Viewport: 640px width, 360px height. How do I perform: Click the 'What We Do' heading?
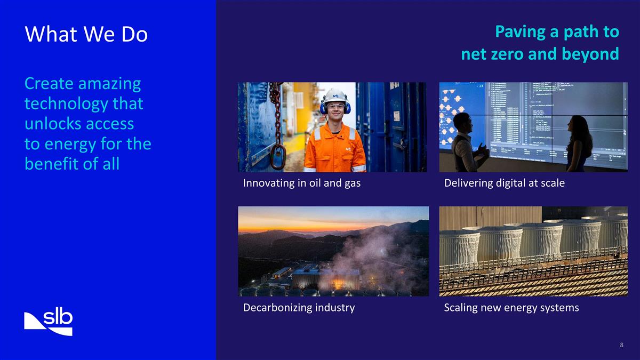(x=86, y=35)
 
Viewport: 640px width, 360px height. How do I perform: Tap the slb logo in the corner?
(x=49, y=322)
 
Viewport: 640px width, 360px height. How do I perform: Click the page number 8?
(x=621, y=345)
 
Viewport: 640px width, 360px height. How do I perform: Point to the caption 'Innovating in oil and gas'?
(x=302, y=183)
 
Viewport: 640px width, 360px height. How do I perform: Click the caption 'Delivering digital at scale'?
(x=504, y=183)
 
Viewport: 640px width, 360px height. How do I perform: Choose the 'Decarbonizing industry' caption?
(x=299, y=308)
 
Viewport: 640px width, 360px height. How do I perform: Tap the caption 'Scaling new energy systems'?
(x=511, y=308)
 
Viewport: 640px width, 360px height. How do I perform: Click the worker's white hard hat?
(x=335, y=97)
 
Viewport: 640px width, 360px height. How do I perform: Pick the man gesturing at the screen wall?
(x=465, y=143)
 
